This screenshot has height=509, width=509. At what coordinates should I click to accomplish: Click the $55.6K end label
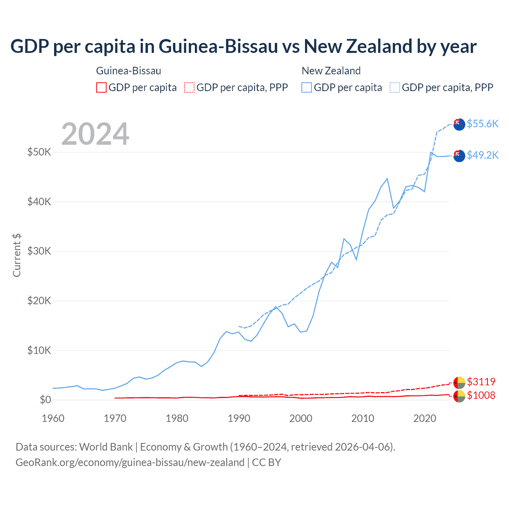click(482, 124)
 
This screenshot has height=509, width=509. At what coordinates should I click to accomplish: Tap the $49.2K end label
click(482, 155)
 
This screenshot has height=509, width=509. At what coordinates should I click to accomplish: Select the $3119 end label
click(481, 382)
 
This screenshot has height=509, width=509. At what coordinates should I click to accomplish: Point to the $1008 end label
click(481, 395)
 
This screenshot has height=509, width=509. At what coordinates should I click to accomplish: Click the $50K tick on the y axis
click(39, 152)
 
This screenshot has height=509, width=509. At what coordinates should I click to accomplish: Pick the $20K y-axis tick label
click(39, 301)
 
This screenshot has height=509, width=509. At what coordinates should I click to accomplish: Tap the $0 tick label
click(45, 400)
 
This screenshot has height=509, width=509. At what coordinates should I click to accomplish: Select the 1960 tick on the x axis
click(53, 418)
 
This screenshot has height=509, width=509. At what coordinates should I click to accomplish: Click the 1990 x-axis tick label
click(239, 418)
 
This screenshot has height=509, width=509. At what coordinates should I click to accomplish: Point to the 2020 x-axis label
click(425, 418)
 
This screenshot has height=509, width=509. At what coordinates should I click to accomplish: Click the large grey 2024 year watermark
click(95, 134)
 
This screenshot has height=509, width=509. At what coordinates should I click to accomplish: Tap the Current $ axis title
click(17, 255)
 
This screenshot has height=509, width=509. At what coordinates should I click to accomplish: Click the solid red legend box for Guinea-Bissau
click(101, 87)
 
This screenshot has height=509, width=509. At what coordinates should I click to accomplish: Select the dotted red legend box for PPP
click(189, 87)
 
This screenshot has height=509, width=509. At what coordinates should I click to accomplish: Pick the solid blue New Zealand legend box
click(307, 87)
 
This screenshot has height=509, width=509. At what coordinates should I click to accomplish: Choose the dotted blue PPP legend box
click(395, 87)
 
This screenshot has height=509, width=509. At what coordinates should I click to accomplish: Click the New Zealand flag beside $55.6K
click(459, 124)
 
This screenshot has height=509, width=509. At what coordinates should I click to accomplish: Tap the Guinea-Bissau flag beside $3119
click(459, 382)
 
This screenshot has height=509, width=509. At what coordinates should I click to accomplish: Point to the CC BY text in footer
click(266, 462)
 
